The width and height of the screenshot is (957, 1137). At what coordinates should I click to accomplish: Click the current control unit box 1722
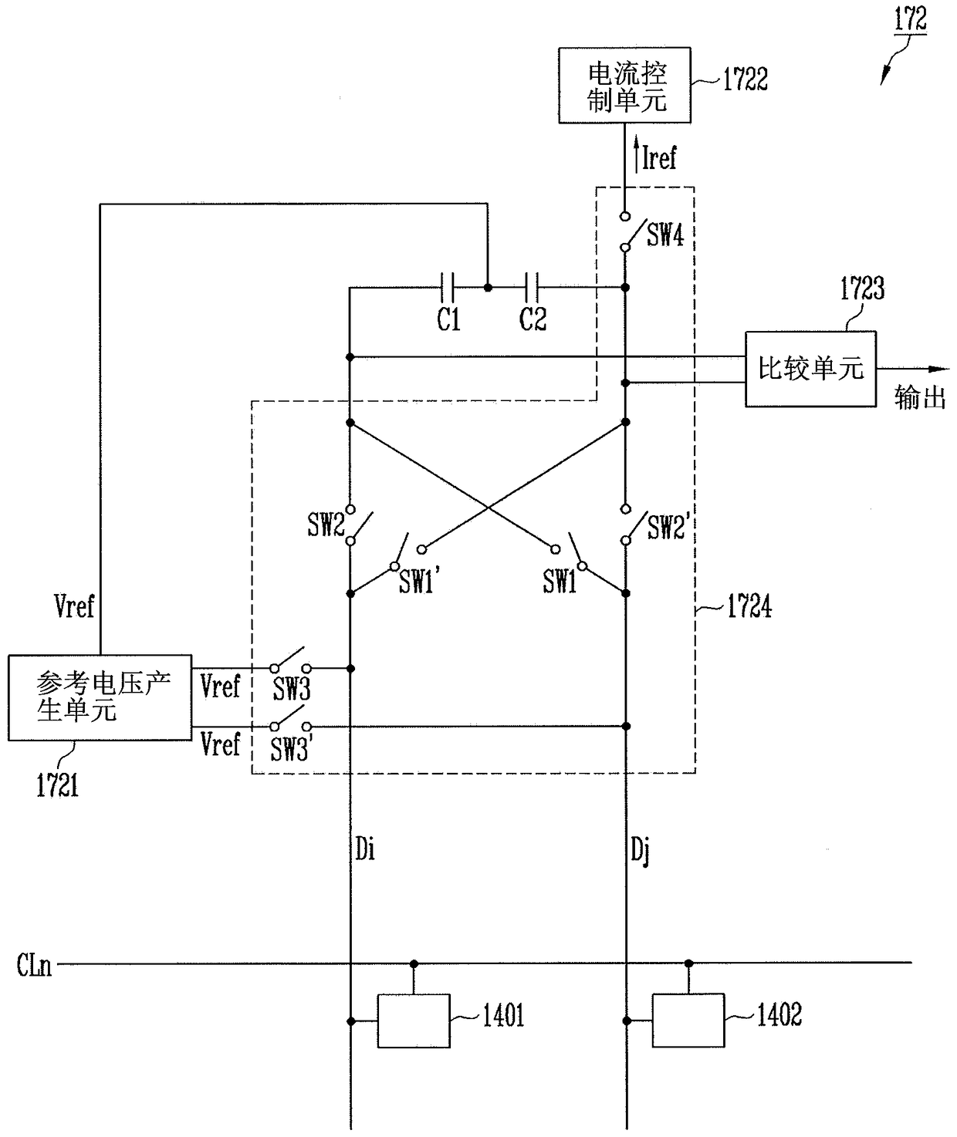click(624, 85)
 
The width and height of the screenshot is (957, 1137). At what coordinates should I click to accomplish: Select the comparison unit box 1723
click(811, 369)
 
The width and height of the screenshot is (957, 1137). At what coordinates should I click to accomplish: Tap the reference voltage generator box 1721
click(100, 697)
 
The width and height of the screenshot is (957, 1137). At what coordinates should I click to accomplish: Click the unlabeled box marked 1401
click(414, 1021)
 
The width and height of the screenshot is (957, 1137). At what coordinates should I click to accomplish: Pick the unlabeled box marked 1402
click(688, 1021)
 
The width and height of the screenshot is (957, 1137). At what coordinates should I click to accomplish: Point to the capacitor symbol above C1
click(447, 287)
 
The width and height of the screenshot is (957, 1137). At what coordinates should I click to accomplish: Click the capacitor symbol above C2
click(531, 287)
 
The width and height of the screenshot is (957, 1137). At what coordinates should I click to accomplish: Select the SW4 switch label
click(665, 235)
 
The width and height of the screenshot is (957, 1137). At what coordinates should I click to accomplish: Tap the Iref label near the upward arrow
click(659, 158)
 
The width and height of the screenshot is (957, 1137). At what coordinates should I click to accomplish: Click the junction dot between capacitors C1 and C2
click(488, 288)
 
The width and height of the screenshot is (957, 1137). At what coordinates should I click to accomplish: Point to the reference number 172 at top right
click(910, 19)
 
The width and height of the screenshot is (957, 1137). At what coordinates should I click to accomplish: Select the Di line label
click(364, 849)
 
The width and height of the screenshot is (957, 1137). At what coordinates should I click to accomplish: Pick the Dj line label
click(640, 851)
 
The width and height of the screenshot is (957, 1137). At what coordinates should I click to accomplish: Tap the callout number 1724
click(749, 606)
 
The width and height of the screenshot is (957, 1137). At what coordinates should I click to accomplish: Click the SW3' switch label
click(291, 749)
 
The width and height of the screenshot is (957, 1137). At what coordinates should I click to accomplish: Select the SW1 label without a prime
click(560, 581)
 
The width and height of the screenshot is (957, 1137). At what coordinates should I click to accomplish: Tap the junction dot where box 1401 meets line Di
click(351, 1021)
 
